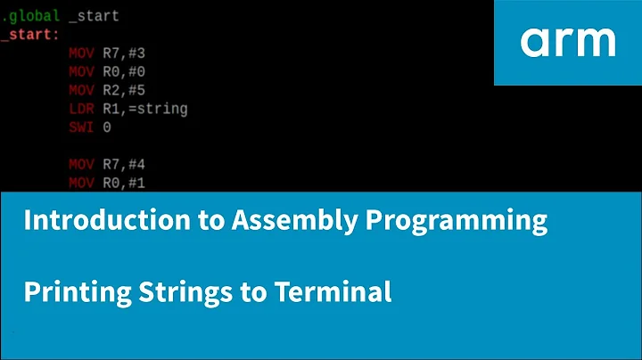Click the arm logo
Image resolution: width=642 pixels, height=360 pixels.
(568, 42)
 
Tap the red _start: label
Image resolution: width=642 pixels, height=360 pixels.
(30, 35)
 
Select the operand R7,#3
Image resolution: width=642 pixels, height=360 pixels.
(131, 53)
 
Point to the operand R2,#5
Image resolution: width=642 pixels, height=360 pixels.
(131, 91)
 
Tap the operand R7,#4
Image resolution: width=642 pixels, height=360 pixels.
(131, 166)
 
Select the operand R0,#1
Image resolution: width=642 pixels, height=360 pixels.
(131, 184)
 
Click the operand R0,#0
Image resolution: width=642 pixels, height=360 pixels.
(131, 71)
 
